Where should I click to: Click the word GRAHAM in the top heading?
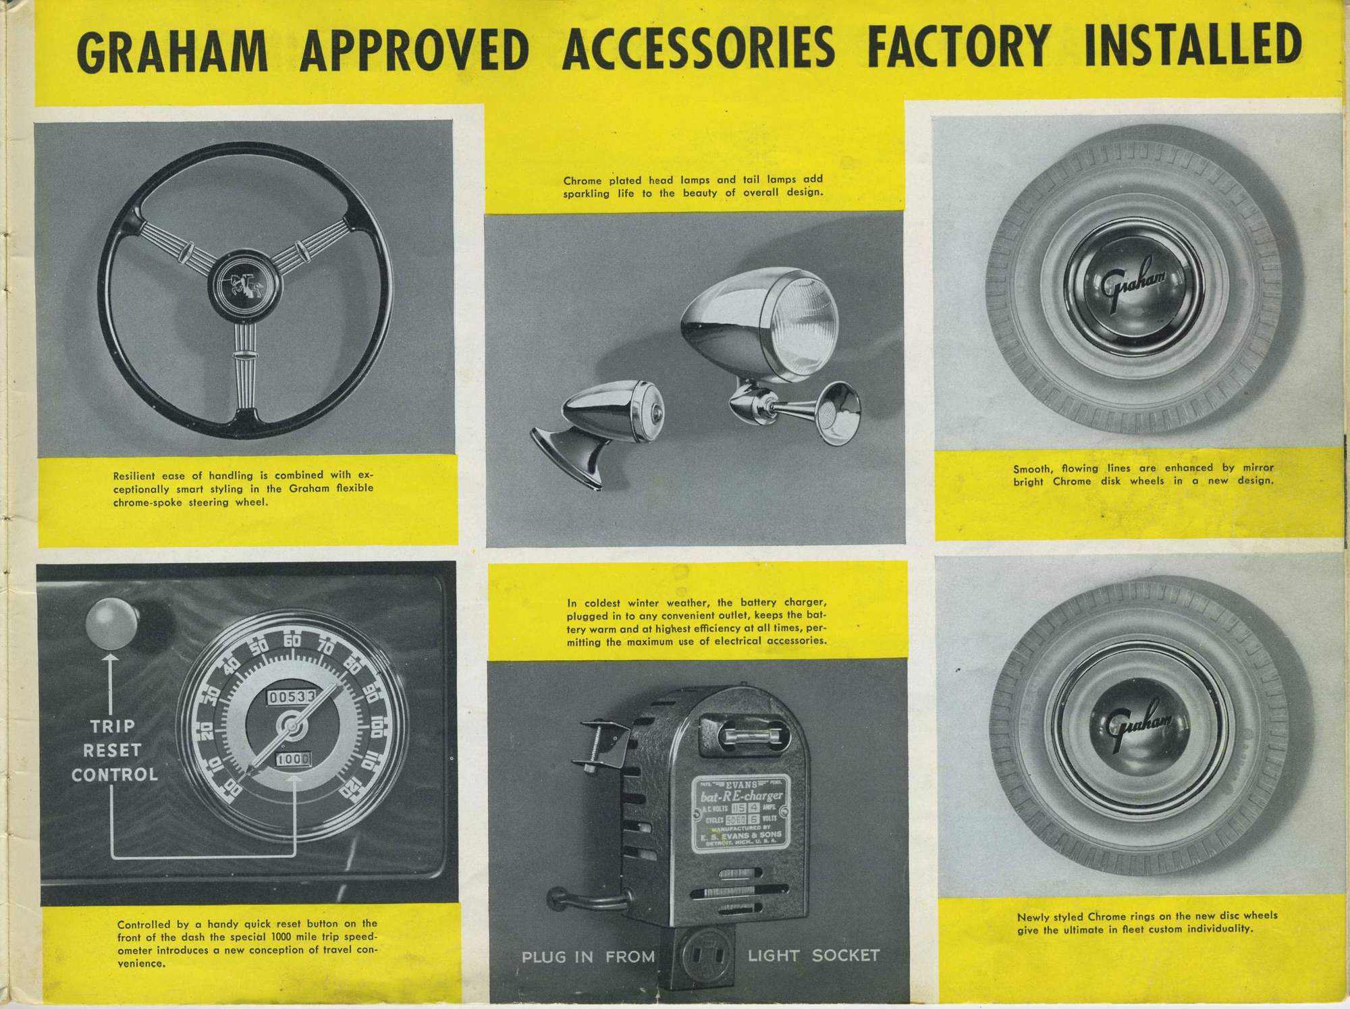pyautogui.click(x=172, y=51)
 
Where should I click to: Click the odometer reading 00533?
pyautogui.click(x=292, y=697)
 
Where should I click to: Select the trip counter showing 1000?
pyautogui.click(x=292, y=759)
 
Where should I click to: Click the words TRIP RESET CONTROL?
pyautogui.click(x=114, y=750)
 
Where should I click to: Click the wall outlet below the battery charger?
pyautogui.click(x=707, y=957)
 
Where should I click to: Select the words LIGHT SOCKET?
pyautogui.click(x=813, y=956)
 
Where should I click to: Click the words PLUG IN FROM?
pyautogui.click(x=588, y=957)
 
